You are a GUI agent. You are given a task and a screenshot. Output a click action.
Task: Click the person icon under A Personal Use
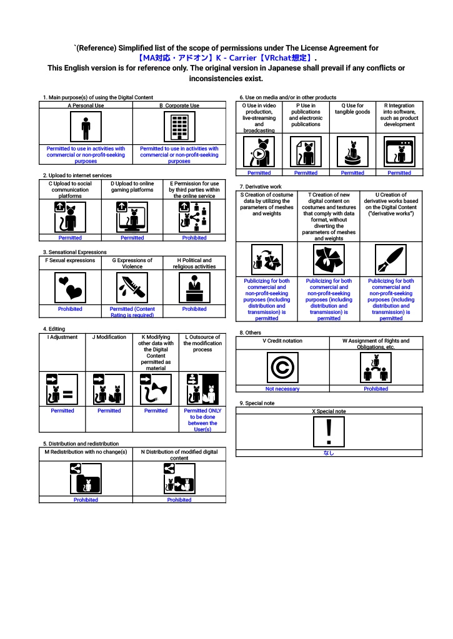pyautogui.click(x=86, y=127)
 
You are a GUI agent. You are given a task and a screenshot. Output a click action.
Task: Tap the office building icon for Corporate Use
pyautogui.click(x=179, y=127)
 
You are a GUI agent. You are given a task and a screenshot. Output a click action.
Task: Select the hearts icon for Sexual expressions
pyautogui.click(x=70, y=288)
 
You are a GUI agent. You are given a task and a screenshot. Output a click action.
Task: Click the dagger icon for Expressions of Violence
pyautogui.click(x=132, y=288)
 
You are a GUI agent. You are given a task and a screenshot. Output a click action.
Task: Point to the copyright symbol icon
pyautogui.click(x=282, y=368)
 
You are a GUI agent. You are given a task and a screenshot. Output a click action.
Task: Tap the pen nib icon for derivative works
pyautogui.click(x=391, y=259)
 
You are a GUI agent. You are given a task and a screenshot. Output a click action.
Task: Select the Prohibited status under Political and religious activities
pyautogui.click(x=194, y=309)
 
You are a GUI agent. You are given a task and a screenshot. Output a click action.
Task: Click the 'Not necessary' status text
pyautogui.click(x=282, y=389)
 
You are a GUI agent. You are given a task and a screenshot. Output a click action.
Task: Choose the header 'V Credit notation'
pyautogui.click(x=282, y=341)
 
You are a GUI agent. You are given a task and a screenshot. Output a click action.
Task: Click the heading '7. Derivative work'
pyautogui.click(x=261, y=187)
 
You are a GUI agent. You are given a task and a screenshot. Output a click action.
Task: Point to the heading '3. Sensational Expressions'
pyautogui.click(x=75, y=252)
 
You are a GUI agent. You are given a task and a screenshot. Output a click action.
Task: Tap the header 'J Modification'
pyautogui.click(x=109, y=337)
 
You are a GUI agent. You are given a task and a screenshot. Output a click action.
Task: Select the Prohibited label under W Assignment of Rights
pyautogui.click(x=376, y=389)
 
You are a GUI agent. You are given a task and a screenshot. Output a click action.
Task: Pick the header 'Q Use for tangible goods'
pyautogui.click(x=352, y=109)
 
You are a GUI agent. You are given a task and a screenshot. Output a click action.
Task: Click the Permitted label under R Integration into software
pyautogui.click(x=399, y=173)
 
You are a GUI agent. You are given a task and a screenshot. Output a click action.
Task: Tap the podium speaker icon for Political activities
pyautogui.click(x=194, y=288)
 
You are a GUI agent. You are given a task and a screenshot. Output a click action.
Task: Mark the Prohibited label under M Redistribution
pyautogui.click(x=86, y=500)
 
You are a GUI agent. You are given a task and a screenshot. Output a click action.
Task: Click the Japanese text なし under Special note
pyautogui.click(x=329, y=454)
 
